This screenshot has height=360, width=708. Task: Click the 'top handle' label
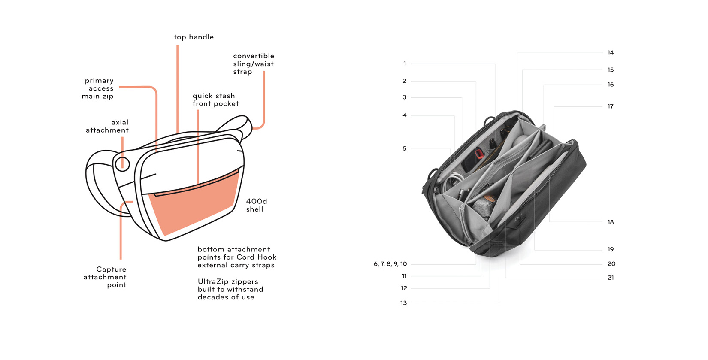194,37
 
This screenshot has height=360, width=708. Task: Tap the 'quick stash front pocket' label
215,100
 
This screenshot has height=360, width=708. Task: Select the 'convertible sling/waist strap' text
253,64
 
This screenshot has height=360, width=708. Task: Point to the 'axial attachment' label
107,126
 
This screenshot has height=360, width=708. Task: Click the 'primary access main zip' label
98,88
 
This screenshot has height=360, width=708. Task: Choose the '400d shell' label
256,205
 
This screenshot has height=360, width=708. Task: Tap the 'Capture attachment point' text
105,277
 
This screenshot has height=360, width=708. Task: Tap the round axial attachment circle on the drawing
122,163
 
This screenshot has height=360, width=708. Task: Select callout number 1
404,64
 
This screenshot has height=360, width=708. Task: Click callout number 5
404,149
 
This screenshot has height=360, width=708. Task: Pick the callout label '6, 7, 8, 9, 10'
390,264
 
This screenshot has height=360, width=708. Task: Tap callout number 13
403,303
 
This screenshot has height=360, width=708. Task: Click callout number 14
611,53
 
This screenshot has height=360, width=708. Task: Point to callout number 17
610,106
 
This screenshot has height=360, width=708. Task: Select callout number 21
611,278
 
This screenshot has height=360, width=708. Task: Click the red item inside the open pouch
479,153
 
